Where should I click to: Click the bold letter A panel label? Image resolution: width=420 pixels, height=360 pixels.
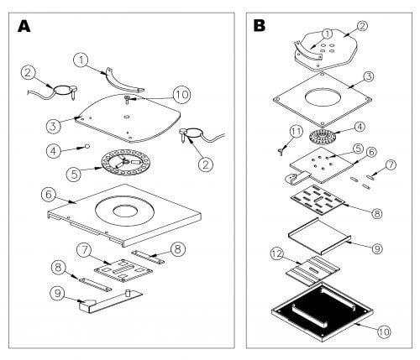(24, 27)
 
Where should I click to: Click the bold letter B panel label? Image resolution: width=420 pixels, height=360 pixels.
(260, 25)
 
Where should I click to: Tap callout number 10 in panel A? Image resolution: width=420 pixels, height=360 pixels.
(181, 95)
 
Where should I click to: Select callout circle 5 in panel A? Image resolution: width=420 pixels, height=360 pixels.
(74, 174)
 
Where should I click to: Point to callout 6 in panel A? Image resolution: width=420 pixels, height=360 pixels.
(49, 195)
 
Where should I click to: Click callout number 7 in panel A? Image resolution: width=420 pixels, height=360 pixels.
(86, 250)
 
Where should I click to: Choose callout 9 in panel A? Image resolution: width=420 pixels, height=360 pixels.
(58, 293)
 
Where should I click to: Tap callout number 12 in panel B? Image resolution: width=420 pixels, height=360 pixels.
(277, 253)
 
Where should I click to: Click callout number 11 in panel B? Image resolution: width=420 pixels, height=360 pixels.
(297, 132)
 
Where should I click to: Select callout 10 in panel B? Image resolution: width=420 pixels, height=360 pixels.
(384, 331)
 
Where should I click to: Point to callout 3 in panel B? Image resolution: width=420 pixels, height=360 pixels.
(369, 76)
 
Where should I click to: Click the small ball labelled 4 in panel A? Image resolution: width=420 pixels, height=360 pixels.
(87, 146)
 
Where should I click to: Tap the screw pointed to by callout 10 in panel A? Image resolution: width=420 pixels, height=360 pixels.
(128, 99)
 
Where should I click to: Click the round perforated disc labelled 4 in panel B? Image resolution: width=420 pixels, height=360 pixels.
(323, 137)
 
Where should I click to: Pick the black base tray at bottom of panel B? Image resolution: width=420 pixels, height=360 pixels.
(323, 311)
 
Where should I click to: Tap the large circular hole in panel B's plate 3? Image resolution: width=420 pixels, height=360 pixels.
(323, 97)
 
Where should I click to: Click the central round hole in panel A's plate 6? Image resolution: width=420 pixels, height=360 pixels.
(125, 211)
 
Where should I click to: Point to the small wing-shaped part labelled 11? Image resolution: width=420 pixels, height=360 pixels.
(281, 151)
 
